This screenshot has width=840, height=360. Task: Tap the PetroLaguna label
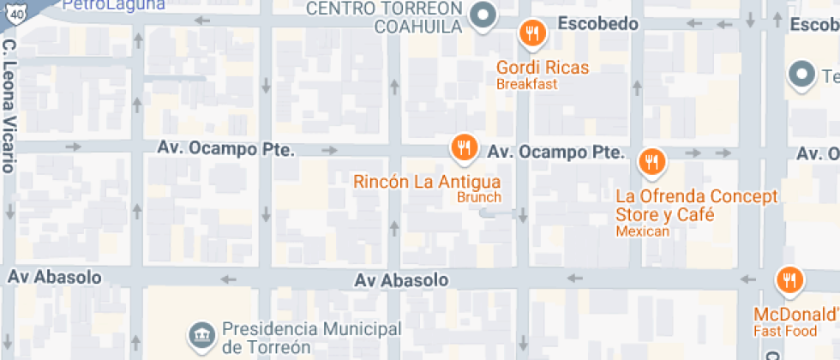point(102,4)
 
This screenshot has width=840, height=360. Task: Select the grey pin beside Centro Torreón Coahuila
point(484,16)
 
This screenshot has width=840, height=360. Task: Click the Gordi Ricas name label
point(543,67)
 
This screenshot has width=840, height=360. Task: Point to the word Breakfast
point(526,84)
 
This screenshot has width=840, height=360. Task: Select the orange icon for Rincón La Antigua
point(464,147)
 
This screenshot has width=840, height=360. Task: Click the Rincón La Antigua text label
point(427,182)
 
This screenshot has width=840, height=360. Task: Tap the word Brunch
point(478,197)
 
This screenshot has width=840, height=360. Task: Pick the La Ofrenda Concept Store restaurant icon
point(651,160)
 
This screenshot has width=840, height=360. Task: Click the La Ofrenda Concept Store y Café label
point(696,206)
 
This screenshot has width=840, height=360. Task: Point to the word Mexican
point(642,231)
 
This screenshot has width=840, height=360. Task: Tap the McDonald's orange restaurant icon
point(788,280)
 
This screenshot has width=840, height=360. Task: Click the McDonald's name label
point(796,314)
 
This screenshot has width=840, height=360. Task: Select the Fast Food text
point(785,331)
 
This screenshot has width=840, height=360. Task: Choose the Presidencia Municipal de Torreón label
point(312,339)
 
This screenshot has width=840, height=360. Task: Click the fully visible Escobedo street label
point(598,24)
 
